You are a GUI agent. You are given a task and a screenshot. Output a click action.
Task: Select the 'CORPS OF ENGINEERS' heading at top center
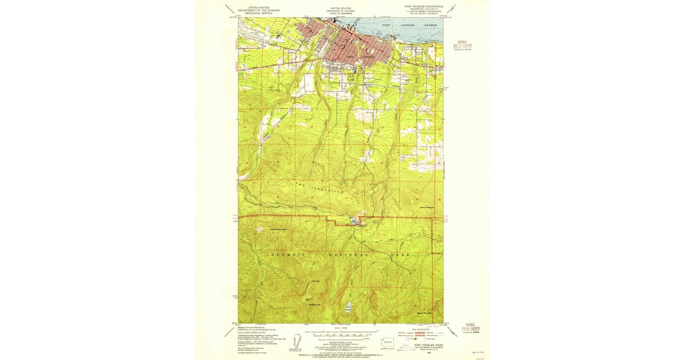pos(340,13)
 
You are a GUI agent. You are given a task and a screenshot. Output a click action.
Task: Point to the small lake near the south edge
pos(348,306)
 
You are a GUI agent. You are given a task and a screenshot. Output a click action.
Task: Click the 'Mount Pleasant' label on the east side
pos(427,206)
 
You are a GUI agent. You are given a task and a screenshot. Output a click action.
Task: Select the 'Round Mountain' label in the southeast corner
pos(424,313)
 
